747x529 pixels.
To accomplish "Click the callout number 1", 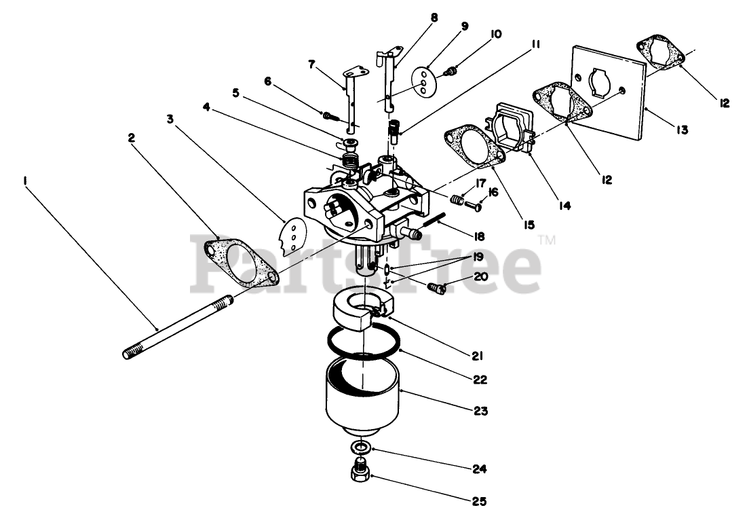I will point(25,181).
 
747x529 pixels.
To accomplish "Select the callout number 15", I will point(527,224).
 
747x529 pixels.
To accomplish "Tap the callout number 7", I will point(311,65).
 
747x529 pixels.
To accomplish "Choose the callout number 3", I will point(170,120).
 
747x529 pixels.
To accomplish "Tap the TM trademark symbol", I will point(547,239).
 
